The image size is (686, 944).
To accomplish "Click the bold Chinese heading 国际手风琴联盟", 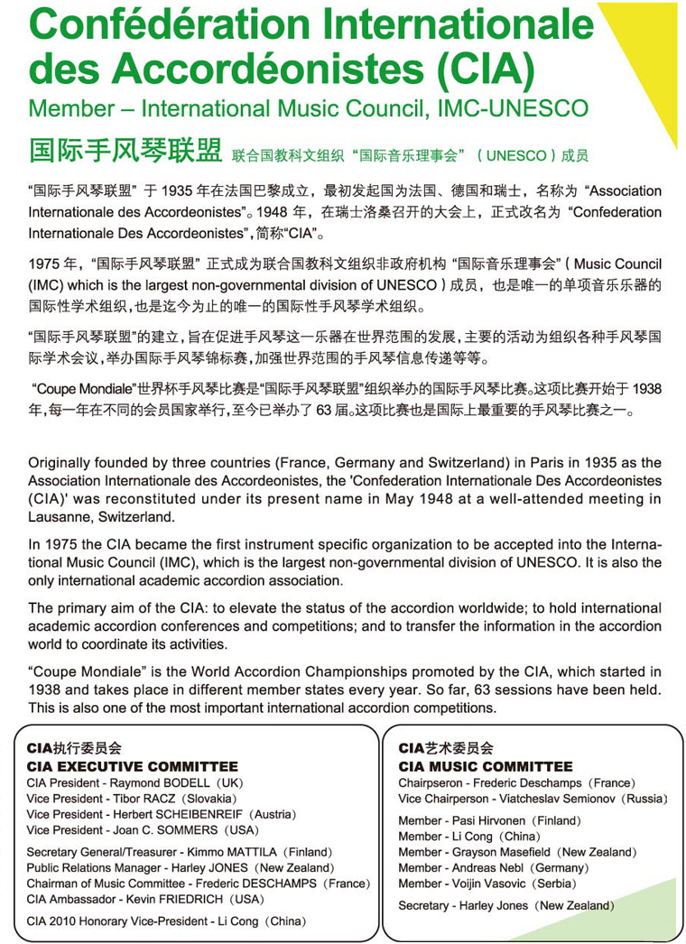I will pos(125,150).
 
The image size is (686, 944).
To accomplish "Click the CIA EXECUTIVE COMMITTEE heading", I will pos(133,767).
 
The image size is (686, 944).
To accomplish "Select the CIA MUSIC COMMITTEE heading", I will pos(486,767).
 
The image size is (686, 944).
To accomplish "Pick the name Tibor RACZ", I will pos(143,799).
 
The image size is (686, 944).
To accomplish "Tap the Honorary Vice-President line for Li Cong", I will pos(166,921).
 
